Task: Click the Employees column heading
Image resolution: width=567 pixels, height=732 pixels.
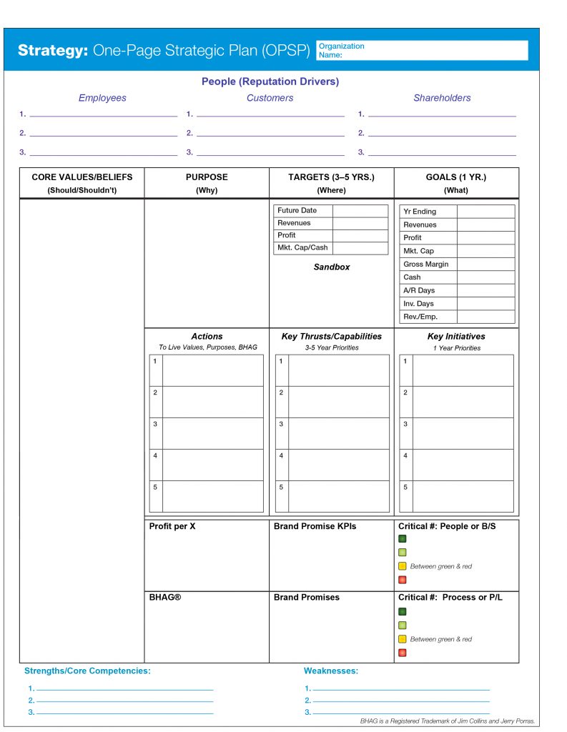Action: point(102,98)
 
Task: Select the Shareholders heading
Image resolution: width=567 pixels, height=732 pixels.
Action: point(442,98)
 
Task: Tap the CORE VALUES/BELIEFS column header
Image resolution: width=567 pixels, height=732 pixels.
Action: point(82,177)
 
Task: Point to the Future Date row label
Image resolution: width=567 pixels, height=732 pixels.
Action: point(297,211)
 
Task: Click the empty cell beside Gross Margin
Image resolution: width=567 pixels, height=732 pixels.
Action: point(485,264)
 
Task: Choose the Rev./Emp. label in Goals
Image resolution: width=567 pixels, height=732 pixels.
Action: point(420,317)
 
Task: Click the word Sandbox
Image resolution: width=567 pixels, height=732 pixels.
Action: point(332,267)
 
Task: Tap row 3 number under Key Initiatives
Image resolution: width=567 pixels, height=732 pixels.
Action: point(405,424)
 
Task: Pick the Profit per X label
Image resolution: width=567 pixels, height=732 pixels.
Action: point(172,527)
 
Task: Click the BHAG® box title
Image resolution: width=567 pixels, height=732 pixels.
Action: point(165,598)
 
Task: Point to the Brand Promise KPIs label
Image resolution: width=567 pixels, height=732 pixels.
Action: point(315,527)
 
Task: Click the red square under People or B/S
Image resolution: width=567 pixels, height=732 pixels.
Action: point(403,580)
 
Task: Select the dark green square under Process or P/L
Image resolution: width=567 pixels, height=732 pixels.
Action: point(403,612)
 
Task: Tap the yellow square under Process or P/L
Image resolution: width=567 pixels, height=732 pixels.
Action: point(403,639)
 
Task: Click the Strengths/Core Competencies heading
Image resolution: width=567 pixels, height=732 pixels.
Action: point(87,671)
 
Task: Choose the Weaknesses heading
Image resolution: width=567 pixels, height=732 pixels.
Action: point(331,671)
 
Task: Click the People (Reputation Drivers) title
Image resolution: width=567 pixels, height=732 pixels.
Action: point(270,82)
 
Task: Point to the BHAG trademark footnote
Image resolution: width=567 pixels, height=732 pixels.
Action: point(448,721)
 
